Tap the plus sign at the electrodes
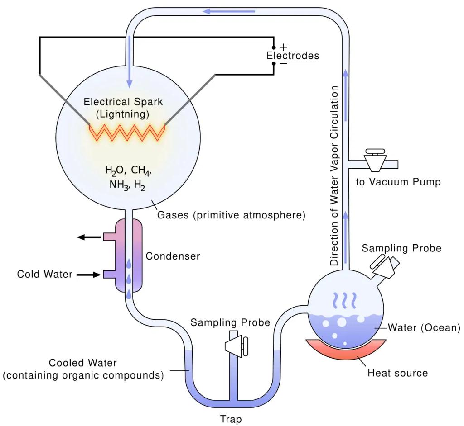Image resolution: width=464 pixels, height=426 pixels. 284,47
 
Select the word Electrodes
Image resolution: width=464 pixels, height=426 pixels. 292,56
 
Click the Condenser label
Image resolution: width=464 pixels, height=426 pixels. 173,256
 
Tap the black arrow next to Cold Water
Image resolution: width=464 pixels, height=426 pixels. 87,274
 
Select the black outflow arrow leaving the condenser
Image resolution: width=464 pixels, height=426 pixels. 89,237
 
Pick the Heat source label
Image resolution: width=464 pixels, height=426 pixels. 397,373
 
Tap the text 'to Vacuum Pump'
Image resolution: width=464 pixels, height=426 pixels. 398,182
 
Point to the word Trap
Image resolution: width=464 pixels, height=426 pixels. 231,419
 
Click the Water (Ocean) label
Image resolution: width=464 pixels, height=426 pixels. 424,327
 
